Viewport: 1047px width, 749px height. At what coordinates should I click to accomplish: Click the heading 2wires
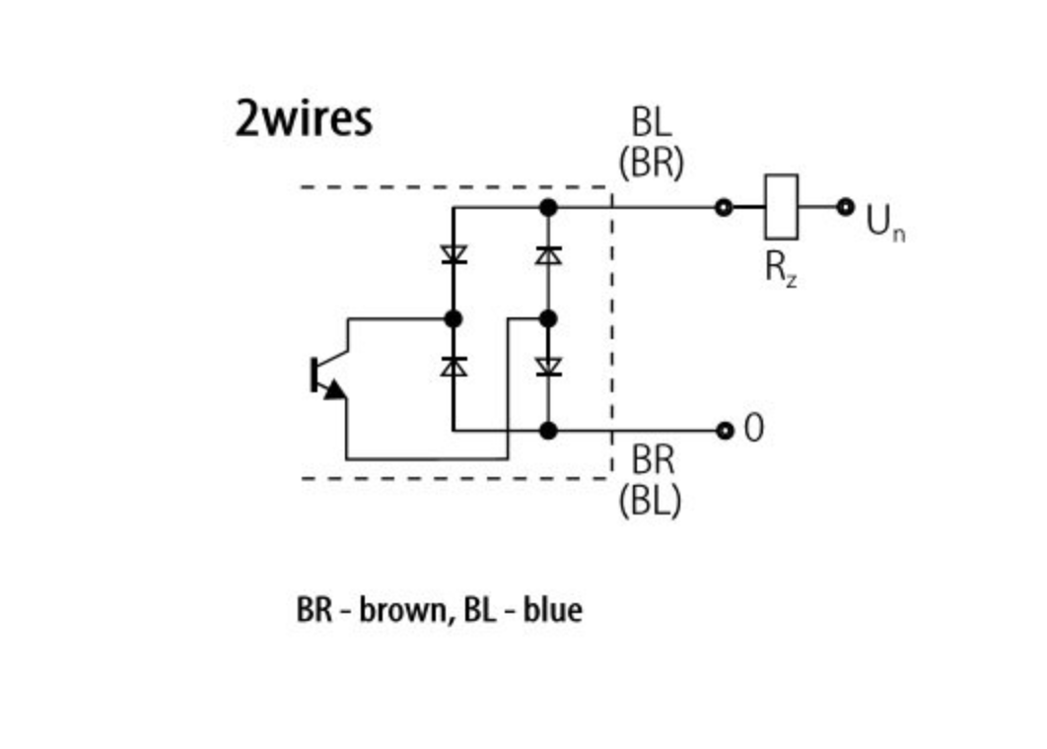pyautogui.click(x=304, y=118)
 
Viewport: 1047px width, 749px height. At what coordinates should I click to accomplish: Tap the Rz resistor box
pyautogui.click(x=781, y=207)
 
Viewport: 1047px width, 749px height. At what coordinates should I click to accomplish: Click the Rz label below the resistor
pyautogui.click(x=781, y=269)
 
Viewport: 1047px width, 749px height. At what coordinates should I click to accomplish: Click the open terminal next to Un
pyautogui.click(x=845, y=207)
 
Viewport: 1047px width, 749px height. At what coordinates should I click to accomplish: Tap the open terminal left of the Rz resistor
pyautogui.click(x=725, y=207)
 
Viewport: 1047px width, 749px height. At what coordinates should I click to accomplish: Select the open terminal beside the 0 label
pyautogui.click(x=726, y=430)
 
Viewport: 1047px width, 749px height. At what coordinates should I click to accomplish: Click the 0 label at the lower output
pyautogui.click(x=753, y=430)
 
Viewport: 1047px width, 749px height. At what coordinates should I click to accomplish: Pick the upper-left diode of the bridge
pyautogui.click(x=454, y=254)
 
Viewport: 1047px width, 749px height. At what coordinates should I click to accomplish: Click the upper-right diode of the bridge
pyautogui.click(x=549, y=254)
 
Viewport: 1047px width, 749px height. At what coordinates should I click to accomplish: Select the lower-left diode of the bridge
pyautogui.click(x=454, y=366)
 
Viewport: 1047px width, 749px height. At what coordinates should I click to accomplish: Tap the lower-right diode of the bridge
pyautogui.click(x=549, y=366)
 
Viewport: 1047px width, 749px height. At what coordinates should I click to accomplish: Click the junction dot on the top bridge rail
pyautogui.click(x=549, y=207)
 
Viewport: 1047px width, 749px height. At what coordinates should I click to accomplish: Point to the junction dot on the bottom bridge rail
pyautogui.click(x=549, y=431)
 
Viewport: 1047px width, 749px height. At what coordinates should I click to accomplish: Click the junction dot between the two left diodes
pyautogui.click(x=454, y=318)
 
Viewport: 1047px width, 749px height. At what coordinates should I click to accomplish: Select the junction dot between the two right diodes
pyautogui.click(x=549, y=318)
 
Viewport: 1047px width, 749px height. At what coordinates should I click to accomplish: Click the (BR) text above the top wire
pyautogui.click(x=651, y=162)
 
